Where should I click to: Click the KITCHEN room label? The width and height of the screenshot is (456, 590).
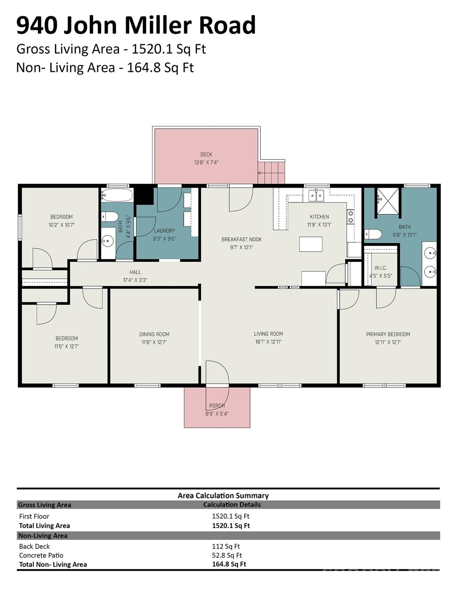coord(319,217)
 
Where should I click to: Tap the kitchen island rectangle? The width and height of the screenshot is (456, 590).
coord(311,244)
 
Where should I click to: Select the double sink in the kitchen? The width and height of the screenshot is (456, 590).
coord(317,195)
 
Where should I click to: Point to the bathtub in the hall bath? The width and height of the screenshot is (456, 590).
coord(117,195)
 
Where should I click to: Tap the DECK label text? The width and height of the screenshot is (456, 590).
coord(206,154)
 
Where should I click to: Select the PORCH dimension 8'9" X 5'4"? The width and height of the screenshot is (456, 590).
coord(217,414)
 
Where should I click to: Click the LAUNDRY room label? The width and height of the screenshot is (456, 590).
coord(164,231)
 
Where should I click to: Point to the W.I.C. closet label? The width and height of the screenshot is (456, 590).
coord(381,268)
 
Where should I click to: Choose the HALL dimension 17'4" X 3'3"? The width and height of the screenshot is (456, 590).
coord(135,280)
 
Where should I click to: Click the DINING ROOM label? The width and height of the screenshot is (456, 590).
coord(154,334)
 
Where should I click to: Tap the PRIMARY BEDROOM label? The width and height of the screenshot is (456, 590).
coord(388,334)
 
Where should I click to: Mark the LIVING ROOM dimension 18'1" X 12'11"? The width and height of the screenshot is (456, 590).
coord(269,341)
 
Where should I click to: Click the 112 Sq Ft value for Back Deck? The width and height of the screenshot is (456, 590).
coord(226,546)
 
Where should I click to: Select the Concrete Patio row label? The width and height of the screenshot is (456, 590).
coord(41,555)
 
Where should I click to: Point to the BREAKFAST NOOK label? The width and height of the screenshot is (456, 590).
coord(242,239)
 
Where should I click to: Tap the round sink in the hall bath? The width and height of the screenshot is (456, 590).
coord(108,240)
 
